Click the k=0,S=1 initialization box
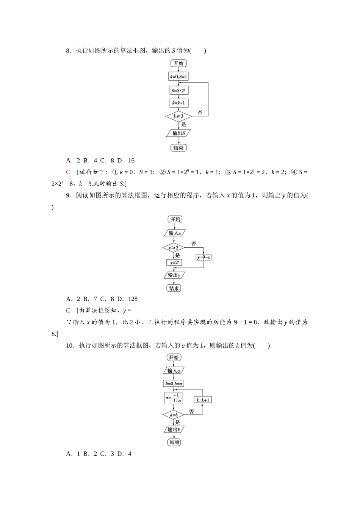pyautogui.click(x=178, y=77)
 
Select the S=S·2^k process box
pyautogui.click(x=178, y=91)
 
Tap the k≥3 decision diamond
pyautogui.click(x=178, y=116)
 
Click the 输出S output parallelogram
pyautogui.click(x=178, y=133)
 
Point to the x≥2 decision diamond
pyautogui.click(x=174, y=248)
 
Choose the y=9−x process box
pyautogui.click(x=203, y=258)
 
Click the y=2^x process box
pyautogui.click(x=174, y=262)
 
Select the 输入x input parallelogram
pyautogui.click(x=175, y=233)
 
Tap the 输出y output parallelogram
pyautogui.click(x=174, y=275)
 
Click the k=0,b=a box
pyautogui.click(x=174, y=384)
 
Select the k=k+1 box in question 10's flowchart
pyautogui.click(x=203, y=400)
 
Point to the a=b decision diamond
pyautogui.click(x=174, y=415)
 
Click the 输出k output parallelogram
pyautogui.click(x=174, y=429)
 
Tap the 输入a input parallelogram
pyautogui.click(x=174, y=371)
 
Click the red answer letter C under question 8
pyautogui.click(x=68, y=172)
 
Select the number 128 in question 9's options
pyautogui.click(x=133, y=299)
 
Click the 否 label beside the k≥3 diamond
pyautogui.click(x=200, y=112)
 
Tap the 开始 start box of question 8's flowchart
pyautogui.click(x=178, y=63)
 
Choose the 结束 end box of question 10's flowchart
pyautogui.click(x=174, y=442)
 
